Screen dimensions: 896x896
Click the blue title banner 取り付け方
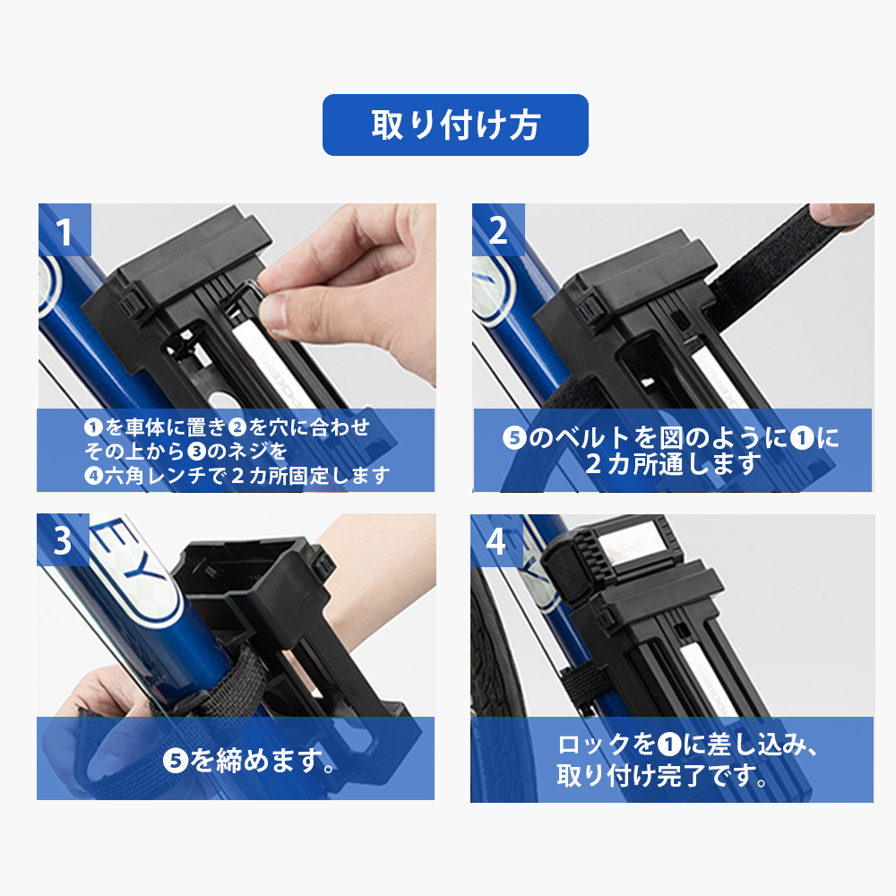(455, 125)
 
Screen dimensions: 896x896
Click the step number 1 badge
(64, 231)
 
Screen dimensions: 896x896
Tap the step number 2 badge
(498, 230)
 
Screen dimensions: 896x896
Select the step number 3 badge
(63, 540)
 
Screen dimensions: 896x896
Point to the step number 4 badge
(496, 540)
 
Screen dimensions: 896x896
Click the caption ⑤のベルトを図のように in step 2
(672, 438)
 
